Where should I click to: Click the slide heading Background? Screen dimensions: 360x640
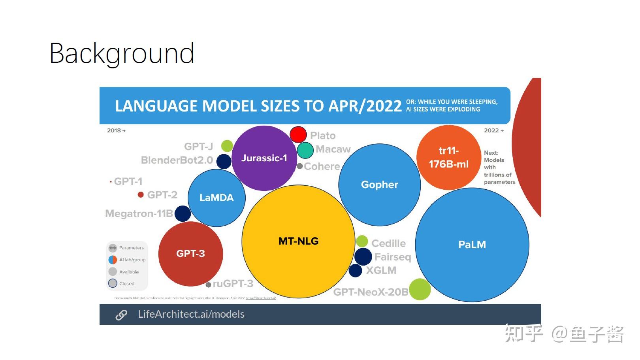tap(122, 53)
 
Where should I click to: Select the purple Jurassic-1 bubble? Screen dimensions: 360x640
tap(264, 158)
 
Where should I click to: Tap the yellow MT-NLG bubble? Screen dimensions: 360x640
tap(298, 241)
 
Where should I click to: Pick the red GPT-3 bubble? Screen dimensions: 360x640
tap(190, 254)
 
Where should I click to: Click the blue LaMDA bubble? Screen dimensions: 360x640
tap(216, 198)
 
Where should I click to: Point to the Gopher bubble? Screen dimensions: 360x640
tap(379, 185)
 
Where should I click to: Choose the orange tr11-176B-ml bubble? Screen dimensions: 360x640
tap(448, 157)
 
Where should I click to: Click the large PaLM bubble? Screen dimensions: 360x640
tap(472, 245)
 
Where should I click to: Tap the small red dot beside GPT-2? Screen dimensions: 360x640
tap(141, 194)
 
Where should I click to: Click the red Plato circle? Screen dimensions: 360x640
tap(298, 134)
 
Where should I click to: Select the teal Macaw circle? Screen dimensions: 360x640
tap(305, 150)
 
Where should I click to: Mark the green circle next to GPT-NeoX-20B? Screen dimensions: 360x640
tap(420, 289)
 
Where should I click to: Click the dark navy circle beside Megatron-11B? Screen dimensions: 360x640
tap(183, 213)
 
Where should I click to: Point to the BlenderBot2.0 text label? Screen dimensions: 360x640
tap(177, 160)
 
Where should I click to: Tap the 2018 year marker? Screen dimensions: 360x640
tap(116, 130)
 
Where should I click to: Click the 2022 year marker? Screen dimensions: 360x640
tap(493, 130)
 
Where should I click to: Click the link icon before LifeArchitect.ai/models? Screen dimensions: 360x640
tap(121, 315)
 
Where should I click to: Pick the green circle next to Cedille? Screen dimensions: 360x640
tap(362, 241)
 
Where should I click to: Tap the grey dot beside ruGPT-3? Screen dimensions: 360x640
tap(208, 285)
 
